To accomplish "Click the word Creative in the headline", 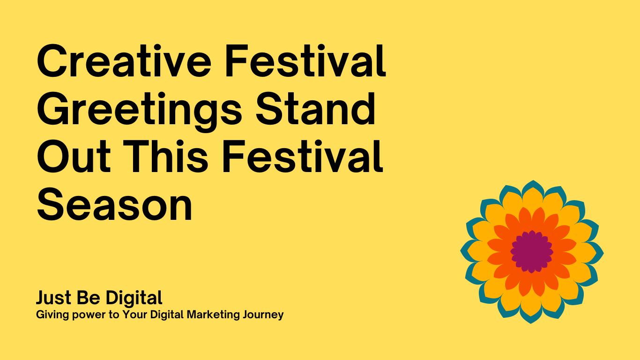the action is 124,61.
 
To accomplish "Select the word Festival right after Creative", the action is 306,61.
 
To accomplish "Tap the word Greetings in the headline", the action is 140,112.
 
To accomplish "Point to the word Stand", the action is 315,109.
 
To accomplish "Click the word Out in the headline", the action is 74,157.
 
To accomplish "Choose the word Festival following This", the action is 303,157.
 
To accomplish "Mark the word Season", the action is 115,205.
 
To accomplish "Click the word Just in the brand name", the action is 53,298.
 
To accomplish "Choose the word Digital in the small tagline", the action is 167,315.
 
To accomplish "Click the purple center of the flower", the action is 532,252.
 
